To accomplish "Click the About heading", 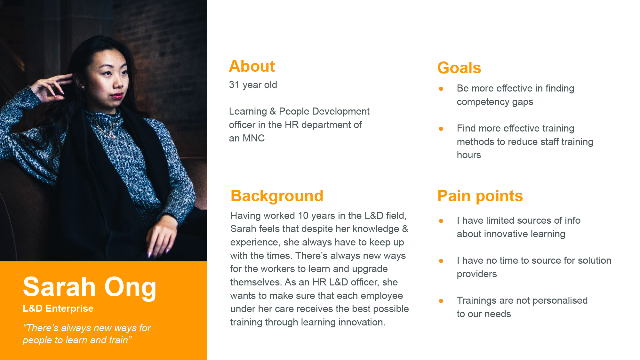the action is (252, 66).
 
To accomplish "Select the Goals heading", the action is (459, 68).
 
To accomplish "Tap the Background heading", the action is (277, 196).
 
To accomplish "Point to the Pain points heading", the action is (480, 196).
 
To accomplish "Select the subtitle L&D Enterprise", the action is (58, 308).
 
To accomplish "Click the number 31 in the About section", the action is (234, 85).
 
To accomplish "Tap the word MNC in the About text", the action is (253, 138).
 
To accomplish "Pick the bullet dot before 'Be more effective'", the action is (441, 89).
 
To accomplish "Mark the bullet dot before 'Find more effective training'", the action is (441, 129).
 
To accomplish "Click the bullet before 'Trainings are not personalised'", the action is (441, 301).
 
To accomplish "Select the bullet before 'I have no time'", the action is (441, 261).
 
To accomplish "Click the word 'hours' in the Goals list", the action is (469, 155).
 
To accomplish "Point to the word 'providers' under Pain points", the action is (477, 274).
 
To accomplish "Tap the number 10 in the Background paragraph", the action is (303, 216).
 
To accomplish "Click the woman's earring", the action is (83, 87).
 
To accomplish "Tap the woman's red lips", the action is (117, 95).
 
